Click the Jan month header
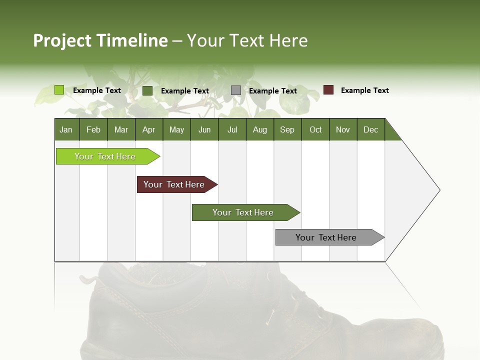coord(66,129)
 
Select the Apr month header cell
coord(149,129)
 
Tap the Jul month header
coord(232,129)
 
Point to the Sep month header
coord(287,129)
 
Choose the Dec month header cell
coord(370,129)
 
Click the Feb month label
coord(93,129)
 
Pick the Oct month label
coord(315,129)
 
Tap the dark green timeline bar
coord(243,212)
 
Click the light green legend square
coord(59,90)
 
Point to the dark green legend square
coord(147,90)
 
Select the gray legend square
coord(236,90)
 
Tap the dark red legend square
coord(328,90)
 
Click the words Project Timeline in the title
coord(100,40)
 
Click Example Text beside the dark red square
coord(364,90)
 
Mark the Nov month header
coord(343,129)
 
